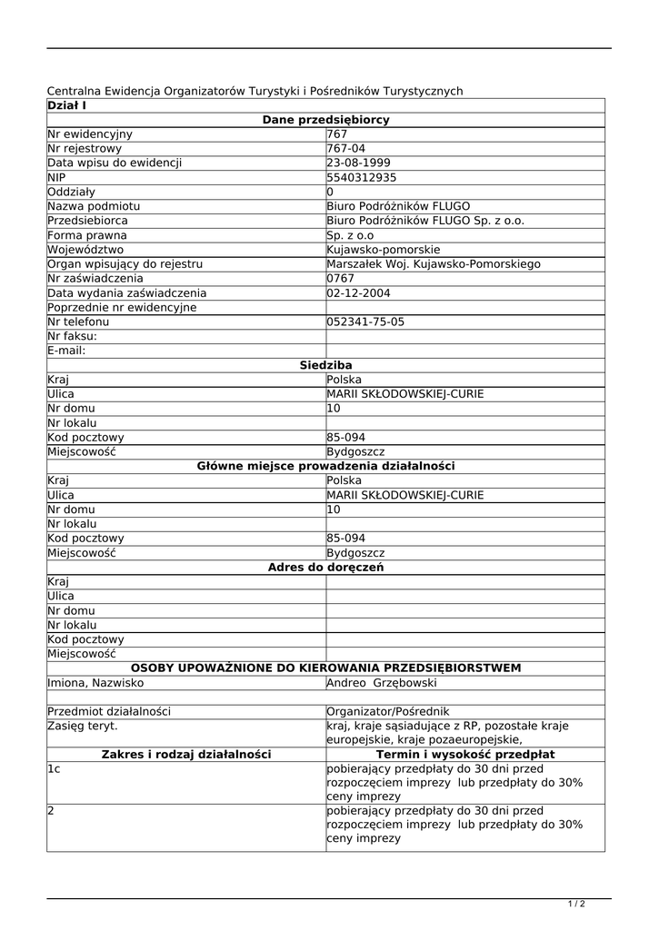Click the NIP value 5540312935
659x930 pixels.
point(362,178)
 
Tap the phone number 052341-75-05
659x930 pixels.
point(365,322)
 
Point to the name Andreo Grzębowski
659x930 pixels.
point(382,683)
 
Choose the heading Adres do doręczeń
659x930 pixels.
point(325,568)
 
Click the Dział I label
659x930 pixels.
point(66,106)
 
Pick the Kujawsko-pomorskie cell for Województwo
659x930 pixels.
point(383,250)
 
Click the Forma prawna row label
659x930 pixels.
point(87,235)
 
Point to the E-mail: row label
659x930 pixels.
point(66,351)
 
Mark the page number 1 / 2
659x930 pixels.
point(576,904)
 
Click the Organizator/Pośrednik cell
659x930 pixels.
point(387,712)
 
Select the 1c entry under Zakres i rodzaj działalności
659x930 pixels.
point(55,769)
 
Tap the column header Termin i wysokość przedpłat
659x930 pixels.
point(465,755)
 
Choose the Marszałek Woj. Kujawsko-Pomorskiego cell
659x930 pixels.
point(433,264)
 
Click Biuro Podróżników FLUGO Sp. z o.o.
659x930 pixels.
point(425,221)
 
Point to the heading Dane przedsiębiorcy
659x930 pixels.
point(325,120)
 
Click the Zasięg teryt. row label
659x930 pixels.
point(83,727)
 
